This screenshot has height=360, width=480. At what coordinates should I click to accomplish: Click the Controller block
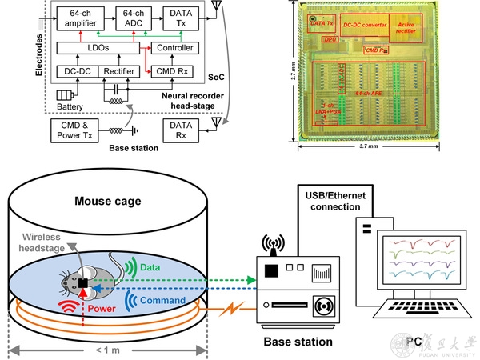tap(175, 50)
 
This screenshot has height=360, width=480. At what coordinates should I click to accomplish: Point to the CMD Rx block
tap(175, 71)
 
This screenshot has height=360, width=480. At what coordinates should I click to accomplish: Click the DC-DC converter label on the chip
tap(364, 24)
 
